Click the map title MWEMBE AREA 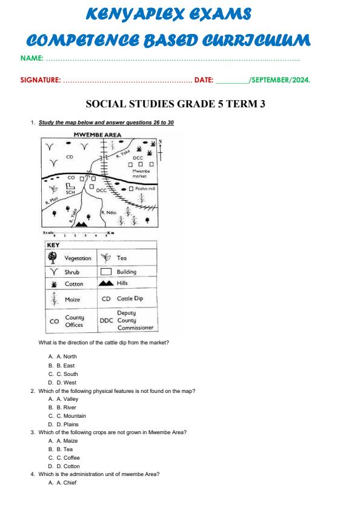(97, 135)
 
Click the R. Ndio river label (109, 212)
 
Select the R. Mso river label (50, 201)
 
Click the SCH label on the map (70, 192)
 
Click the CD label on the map (70, 157)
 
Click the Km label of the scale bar (110, 233)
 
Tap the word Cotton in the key (74, 284)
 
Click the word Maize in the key (72, 300)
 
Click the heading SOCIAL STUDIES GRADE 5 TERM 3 (176, 104)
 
